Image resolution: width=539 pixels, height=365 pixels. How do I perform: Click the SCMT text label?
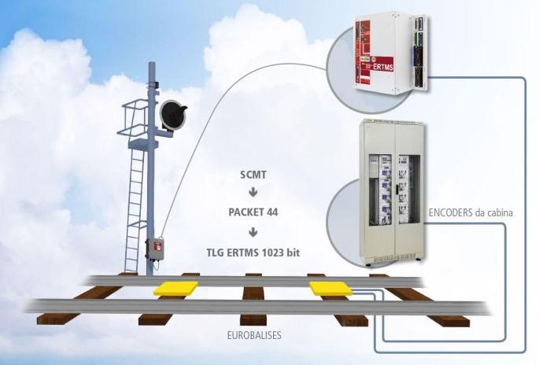point(253,174)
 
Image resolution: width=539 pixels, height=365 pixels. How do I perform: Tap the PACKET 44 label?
point(253,212)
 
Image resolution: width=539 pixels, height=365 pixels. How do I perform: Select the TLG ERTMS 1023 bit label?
point(253,253)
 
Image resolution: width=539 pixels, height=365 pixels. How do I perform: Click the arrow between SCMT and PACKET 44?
point(253,193)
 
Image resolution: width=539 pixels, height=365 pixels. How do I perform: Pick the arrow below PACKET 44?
point(253,232)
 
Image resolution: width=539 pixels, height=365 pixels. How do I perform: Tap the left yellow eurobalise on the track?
point(176,289)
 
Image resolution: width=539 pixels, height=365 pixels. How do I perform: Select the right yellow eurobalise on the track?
point(330,288)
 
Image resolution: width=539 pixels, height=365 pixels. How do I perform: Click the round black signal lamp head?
point(173,115)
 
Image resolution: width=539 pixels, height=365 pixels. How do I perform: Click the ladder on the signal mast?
point(135,205)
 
